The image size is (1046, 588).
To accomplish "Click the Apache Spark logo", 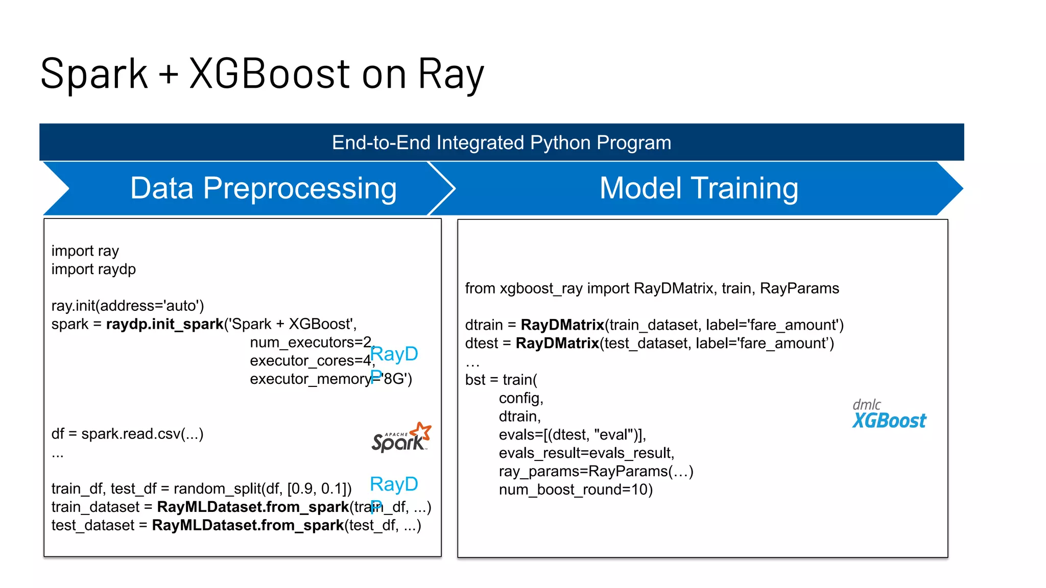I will point(401,438).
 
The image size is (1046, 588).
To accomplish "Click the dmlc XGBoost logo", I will point(889,414).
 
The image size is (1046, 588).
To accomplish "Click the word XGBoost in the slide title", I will point(270,74).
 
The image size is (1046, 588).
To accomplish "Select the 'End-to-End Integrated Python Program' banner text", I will point(501,142).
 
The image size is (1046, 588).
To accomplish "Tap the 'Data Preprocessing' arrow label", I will point(263,188).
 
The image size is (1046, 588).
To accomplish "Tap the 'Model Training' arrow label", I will point(698,188).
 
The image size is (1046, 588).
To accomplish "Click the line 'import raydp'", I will point(93,269).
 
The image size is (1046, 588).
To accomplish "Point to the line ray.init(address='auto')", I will point(127,306).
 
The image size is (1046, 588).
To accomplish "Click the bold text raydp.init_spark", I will point(164,324).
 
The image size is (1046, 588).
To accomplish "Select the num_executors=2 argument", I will point(312,342).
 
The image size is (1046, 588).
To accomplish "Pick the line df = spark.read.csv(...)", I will point(127,434).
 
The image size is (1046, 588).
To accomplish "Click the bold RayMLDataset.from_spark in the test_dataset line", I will point(248,525).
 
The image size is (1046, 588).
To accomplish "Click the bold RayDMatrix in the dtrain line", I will point(562,325).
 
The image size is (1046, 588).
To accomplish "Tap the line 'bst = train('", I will point(501,380).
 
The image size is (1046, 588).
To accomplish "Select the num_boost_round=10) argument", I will point(576,490).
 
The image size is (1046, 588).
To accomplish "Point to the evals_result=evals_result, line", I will point(586,453).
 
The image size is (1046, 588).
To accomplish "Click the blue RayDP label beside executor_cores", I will point(394,354).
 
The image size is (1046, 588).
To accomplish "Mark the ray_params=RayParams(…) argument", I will point(596,472).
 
